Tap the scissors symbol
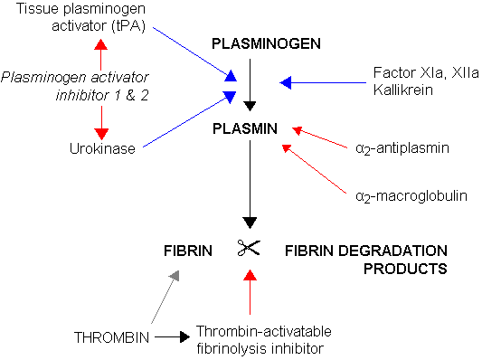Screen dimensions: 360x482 250,247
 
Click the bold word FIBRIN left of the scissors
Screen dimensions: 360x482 187,250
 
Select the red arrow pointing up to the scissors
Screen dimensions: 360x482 250,289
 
